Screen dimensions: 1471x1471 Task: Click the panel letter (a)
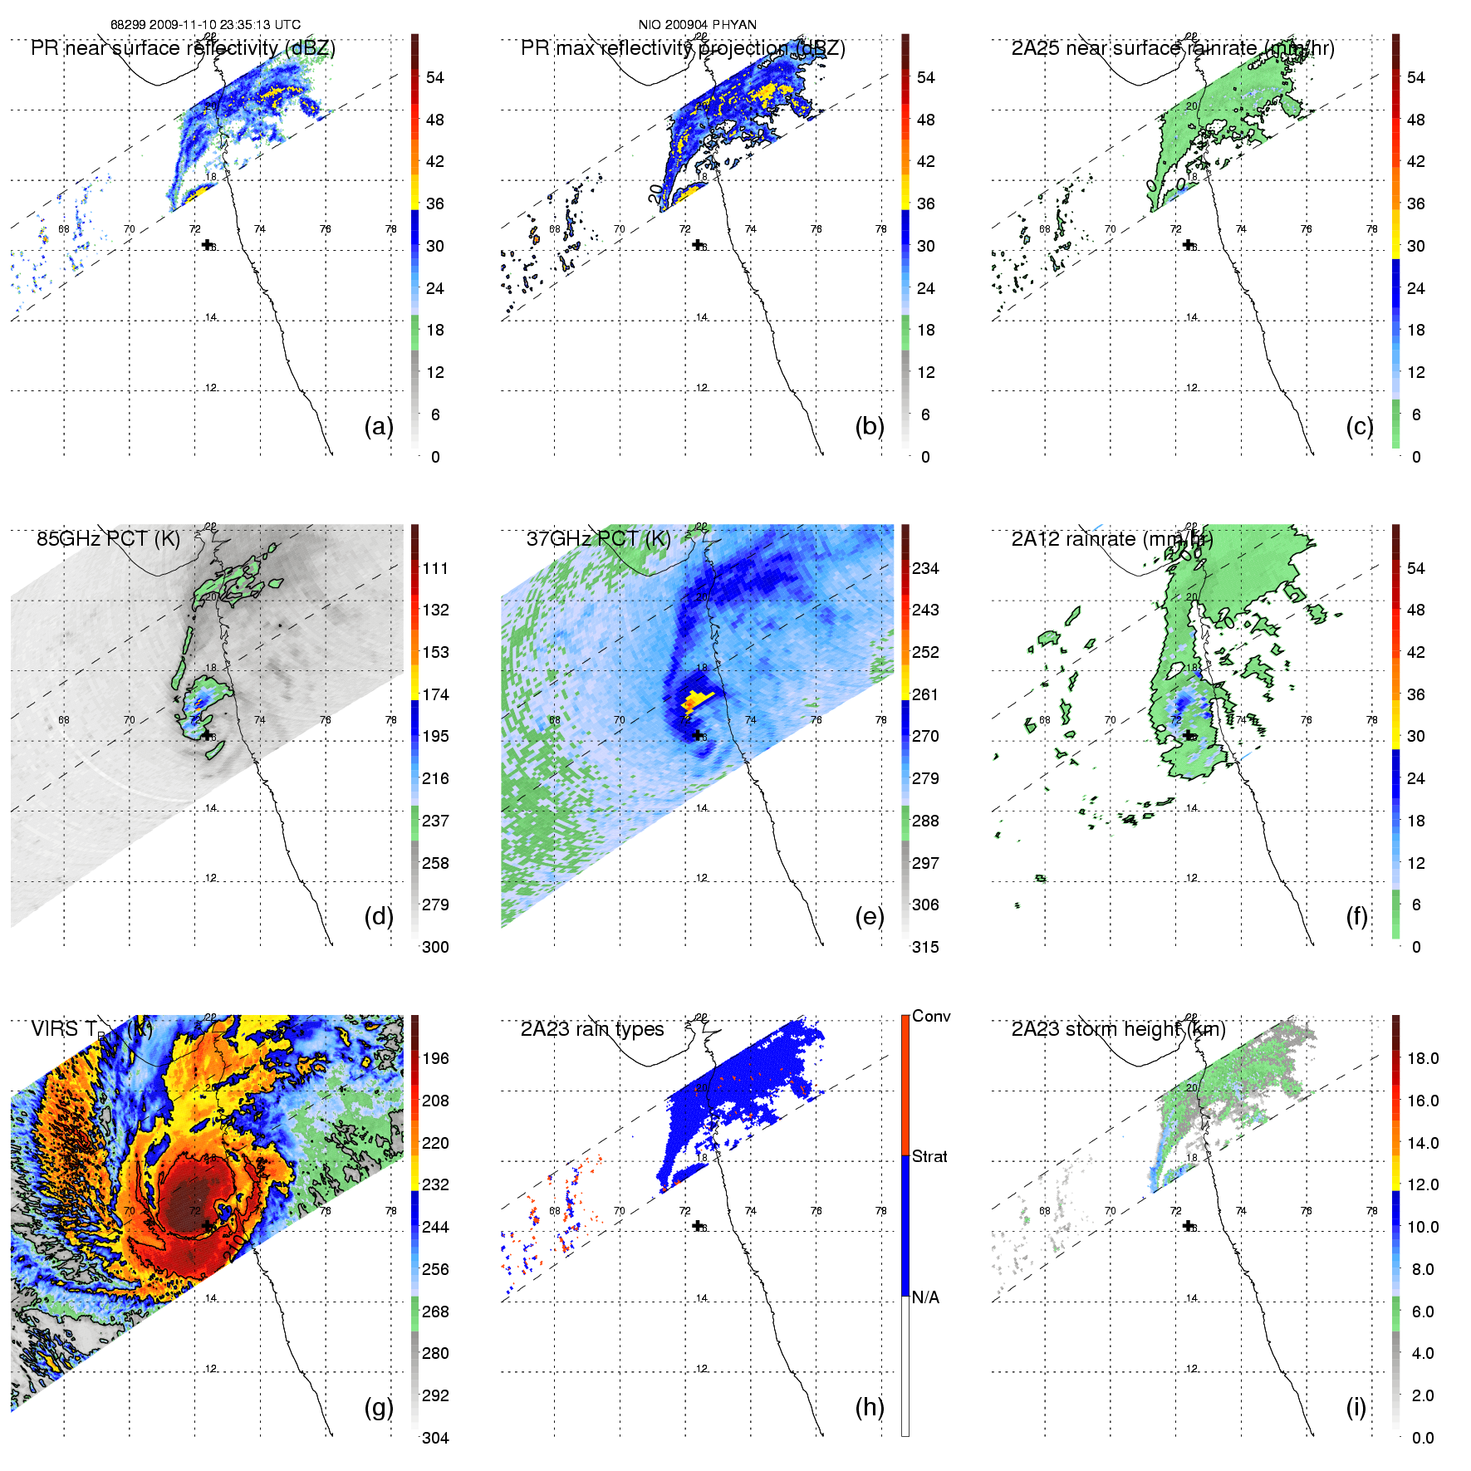(379, 426)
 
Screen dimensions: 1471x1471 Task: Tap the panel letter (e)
(870, 916)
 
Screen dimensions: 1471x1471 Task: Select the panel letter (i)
(1356, 1407)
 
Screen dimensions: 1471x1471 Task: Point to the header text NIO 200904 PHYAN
(697, 25)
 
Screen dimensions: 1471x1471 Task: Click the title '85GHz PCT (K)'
(108, 538)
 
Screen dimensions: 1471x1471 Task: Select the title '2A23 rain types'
(592, 1029)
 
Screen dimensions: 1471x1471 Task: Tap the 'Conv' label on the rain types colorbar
(931, 1016)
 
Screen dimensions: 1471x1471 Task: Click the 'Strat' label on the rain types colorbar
(929, 1156)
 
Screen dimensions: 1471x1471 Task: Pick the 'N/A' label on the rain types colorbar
(925, 1297)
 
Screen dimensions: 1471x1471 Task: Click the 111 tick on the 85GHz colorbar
(435, 568)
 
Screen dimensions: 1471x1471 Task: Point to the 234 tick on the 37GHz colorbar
(925, 568)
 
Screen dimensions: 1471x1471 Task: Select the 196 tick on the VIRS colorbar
(435, 1058)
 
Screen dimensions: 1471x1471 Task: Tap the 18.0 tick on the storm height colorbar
(1423, 1058)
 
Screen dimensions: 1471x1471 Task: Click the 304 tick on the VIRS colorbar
(435, 1438)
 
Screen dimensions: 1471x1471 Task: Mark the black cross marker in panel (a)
(207, 244)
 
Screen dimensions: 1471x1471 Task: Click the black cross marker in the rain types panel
(698, 1225)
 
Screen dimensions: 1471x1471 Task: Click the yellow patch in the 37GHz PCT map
(694, 699)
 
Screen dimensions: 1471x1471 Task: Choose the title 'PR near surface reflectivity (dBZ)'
(183, 48)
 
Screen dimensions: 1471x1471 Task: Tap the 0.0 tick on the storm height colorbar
(1423, 1438)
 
